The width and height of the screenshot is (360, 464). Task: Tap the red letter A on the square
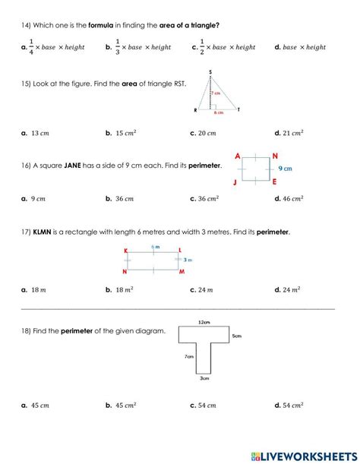(238, 156)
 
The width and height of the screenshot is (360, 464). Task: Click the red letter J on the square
(237, 182)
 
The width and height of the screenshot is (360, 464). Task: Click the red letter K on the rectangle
(125, 249)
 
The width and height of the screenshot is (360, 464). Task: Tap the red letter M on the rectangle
(182, 272)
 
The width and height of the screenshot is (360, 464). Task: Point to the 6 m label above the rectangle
(155, 247)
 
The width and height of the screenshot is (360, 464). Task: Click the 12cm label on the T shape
(204, 321)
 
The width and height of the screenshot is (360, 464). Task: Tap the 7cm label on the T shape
(188, 356)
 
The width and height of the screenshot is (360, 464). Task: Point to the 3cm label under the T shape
(204, 377)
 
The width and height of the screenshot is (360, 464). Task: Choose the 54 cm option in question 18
(207, 406)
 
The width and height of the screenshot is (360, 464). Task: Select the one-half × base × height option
(227, 47)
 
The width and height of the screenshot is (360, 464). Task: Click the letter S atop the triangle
(209, 72)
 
